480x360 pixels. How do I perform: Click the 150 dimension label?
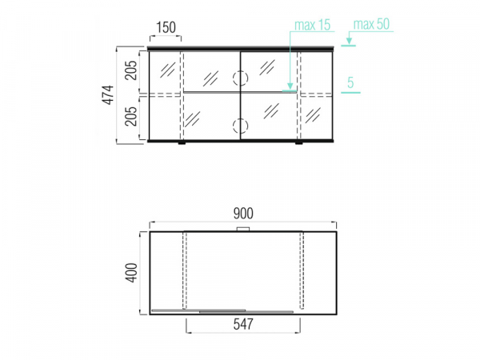click(x=166, y=27)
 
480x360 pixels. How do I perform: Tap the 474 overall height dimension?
click(x=108, y=95)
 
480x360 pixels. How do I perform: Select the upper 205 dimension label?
click(x=131, y=70)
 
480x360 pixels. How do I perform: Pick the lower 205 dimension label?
click(x=131, y=116)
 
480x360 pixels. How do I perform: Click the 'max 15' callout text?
click(x=313, y=25)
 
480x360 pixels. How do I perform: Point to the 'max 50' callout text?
click(x=371, y=24)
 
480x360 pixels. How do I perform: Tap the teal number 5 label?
click(x=350, y=82)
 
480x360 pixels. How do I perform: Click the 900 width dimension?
click(x=243, y=214)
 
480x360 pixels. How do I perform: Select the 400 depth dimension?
click(x=132, y=273)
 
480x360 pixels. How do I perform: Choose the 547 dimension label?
click(x=243, y=324)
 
